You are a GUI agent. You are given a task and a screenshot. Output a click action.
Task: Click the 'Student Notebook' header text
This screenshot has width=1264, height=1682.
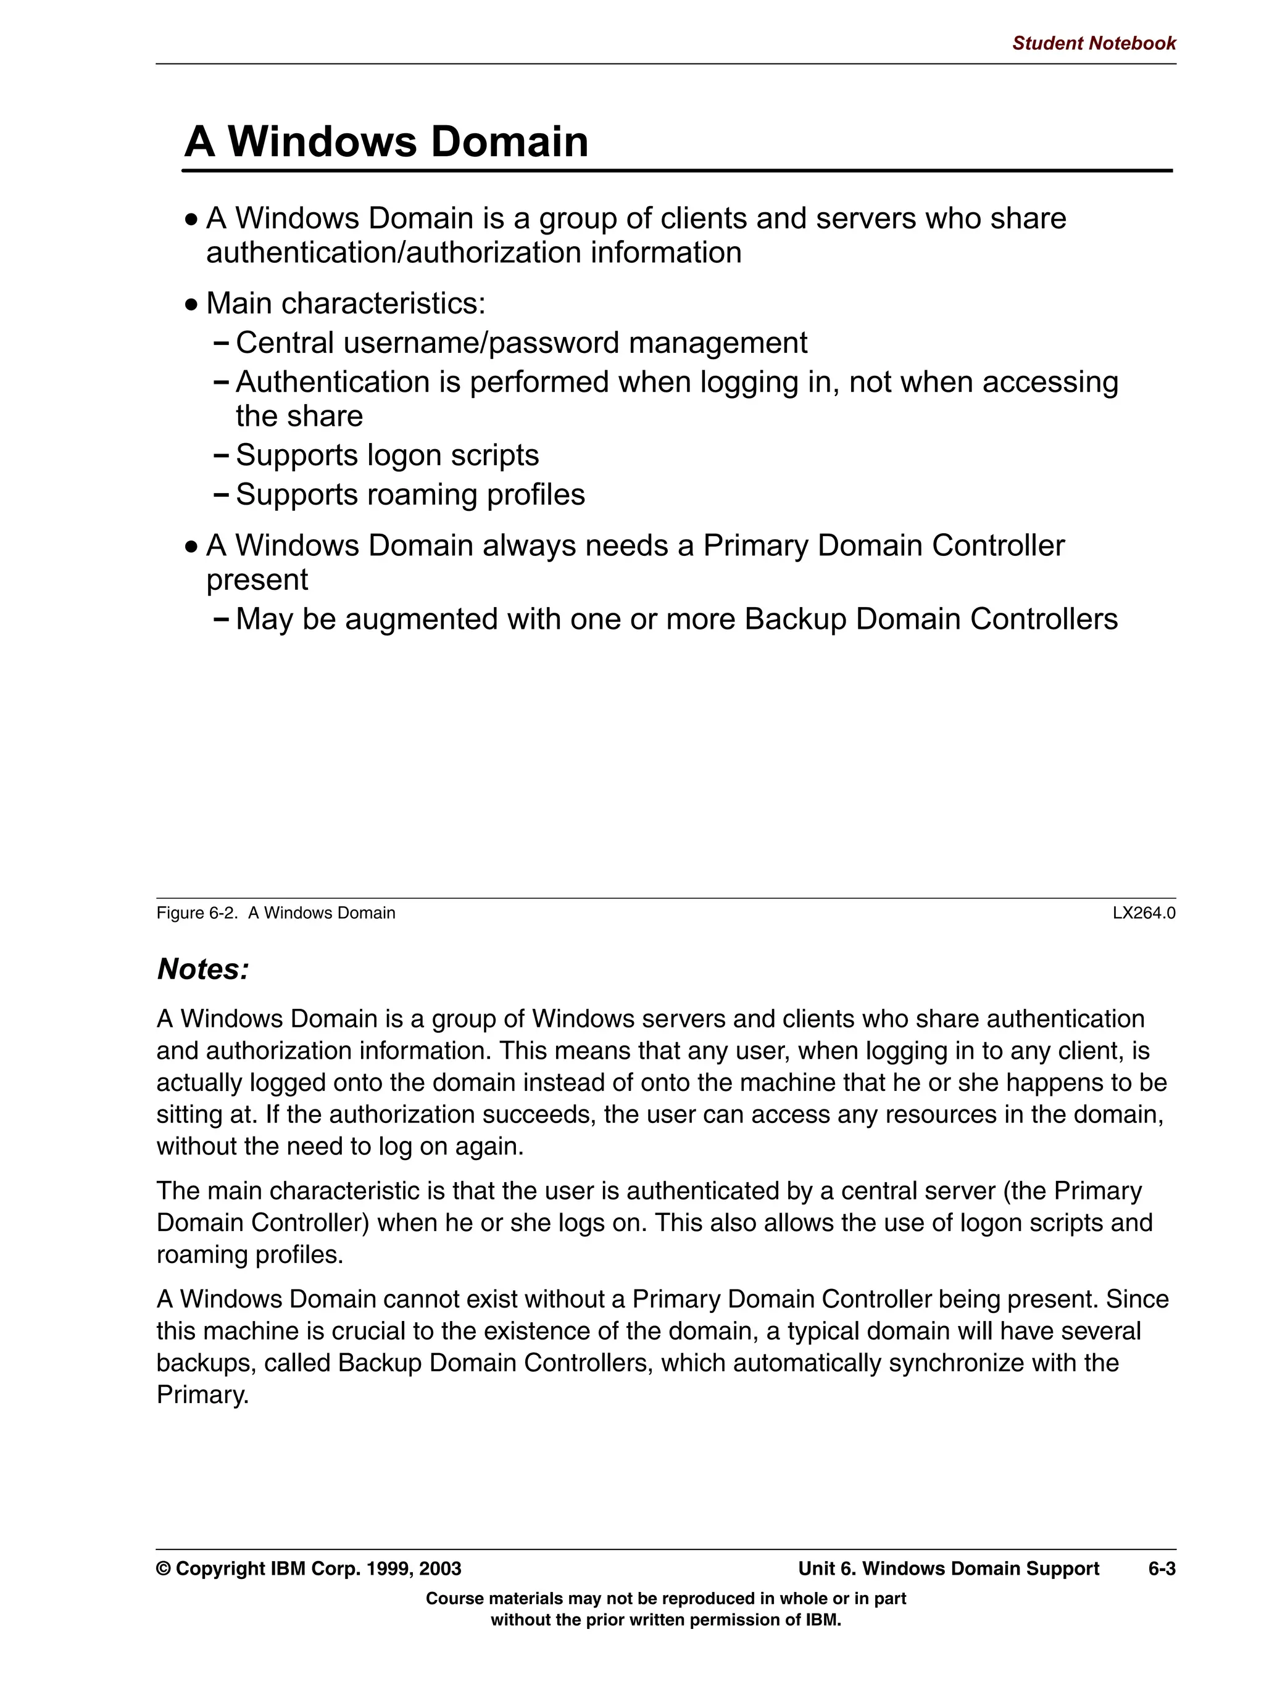click(1093, 43)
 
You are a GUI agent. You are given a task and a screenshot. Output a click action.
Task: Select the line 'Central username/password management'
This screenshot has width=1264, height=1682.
click(521, 343)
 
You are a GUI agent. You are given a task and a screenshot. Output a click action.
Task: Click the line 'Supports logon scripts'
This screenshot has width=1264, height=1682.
click(386, 455)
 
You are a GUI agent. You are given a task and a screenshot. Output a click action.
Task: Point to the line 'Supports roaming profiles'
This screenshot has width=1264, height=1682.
click(410, 495)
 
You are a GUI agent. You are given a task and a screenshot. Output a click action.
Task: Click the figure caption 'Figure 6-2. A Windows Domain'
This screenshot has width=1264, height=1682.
click(275, 913)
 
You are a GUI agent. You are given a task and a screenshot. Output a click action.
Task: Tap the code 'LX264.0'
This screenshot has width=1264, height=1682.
click(1143, 913)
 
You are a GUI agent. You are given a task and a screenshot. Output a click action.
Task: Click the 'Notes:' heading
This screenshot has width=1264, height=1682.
click(202, 969)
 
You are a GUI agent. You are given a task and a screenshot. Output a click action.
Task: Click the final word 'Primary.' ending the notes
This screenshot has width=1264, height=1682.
click(202, 1394)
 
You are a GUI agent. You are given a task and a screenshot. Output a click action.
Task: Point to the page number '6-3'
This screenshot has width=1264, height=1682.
click(1162, 1568)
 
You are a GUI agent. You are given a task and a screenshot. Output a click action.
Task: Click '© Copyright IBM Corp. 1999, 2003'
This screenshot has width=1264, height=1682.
click(309, 1568)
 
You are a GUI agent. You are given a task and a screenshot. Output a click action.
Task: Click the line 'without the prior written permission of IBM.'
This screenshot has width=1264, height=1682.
click(665, 1620)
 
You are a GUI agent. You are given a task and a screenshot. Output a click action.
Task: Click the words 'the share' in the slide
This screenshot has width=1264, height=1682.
click(299, 416)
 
